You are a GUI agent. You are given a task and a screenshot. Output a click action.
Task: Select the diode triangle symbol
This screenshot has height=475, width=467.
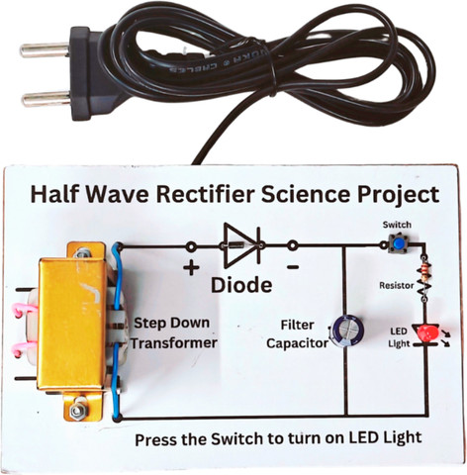[x=238, y=243]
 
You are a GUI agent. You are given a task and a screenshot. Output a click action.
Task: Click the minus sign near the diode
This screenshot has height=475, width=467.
[x=293, y=267]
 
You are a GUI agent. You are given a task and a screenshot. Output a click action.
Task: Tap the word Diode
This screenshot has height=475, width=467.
[x=239, y=287]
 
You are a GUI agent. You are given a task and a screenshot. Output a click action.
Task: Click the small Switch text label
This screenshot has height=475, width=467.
[x=397, y=225]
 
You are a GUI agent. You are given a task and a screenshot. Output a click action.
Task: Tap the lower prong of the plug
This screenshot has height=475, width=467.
[x=39, y=96]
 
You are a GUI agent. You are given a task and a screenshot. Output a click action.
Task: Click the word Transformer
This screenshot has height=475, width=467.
[x=175, y=342]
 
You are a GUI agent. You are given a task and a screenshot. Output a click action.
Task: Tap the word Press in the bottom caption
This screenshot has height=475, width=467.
[x=155, y=437]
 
